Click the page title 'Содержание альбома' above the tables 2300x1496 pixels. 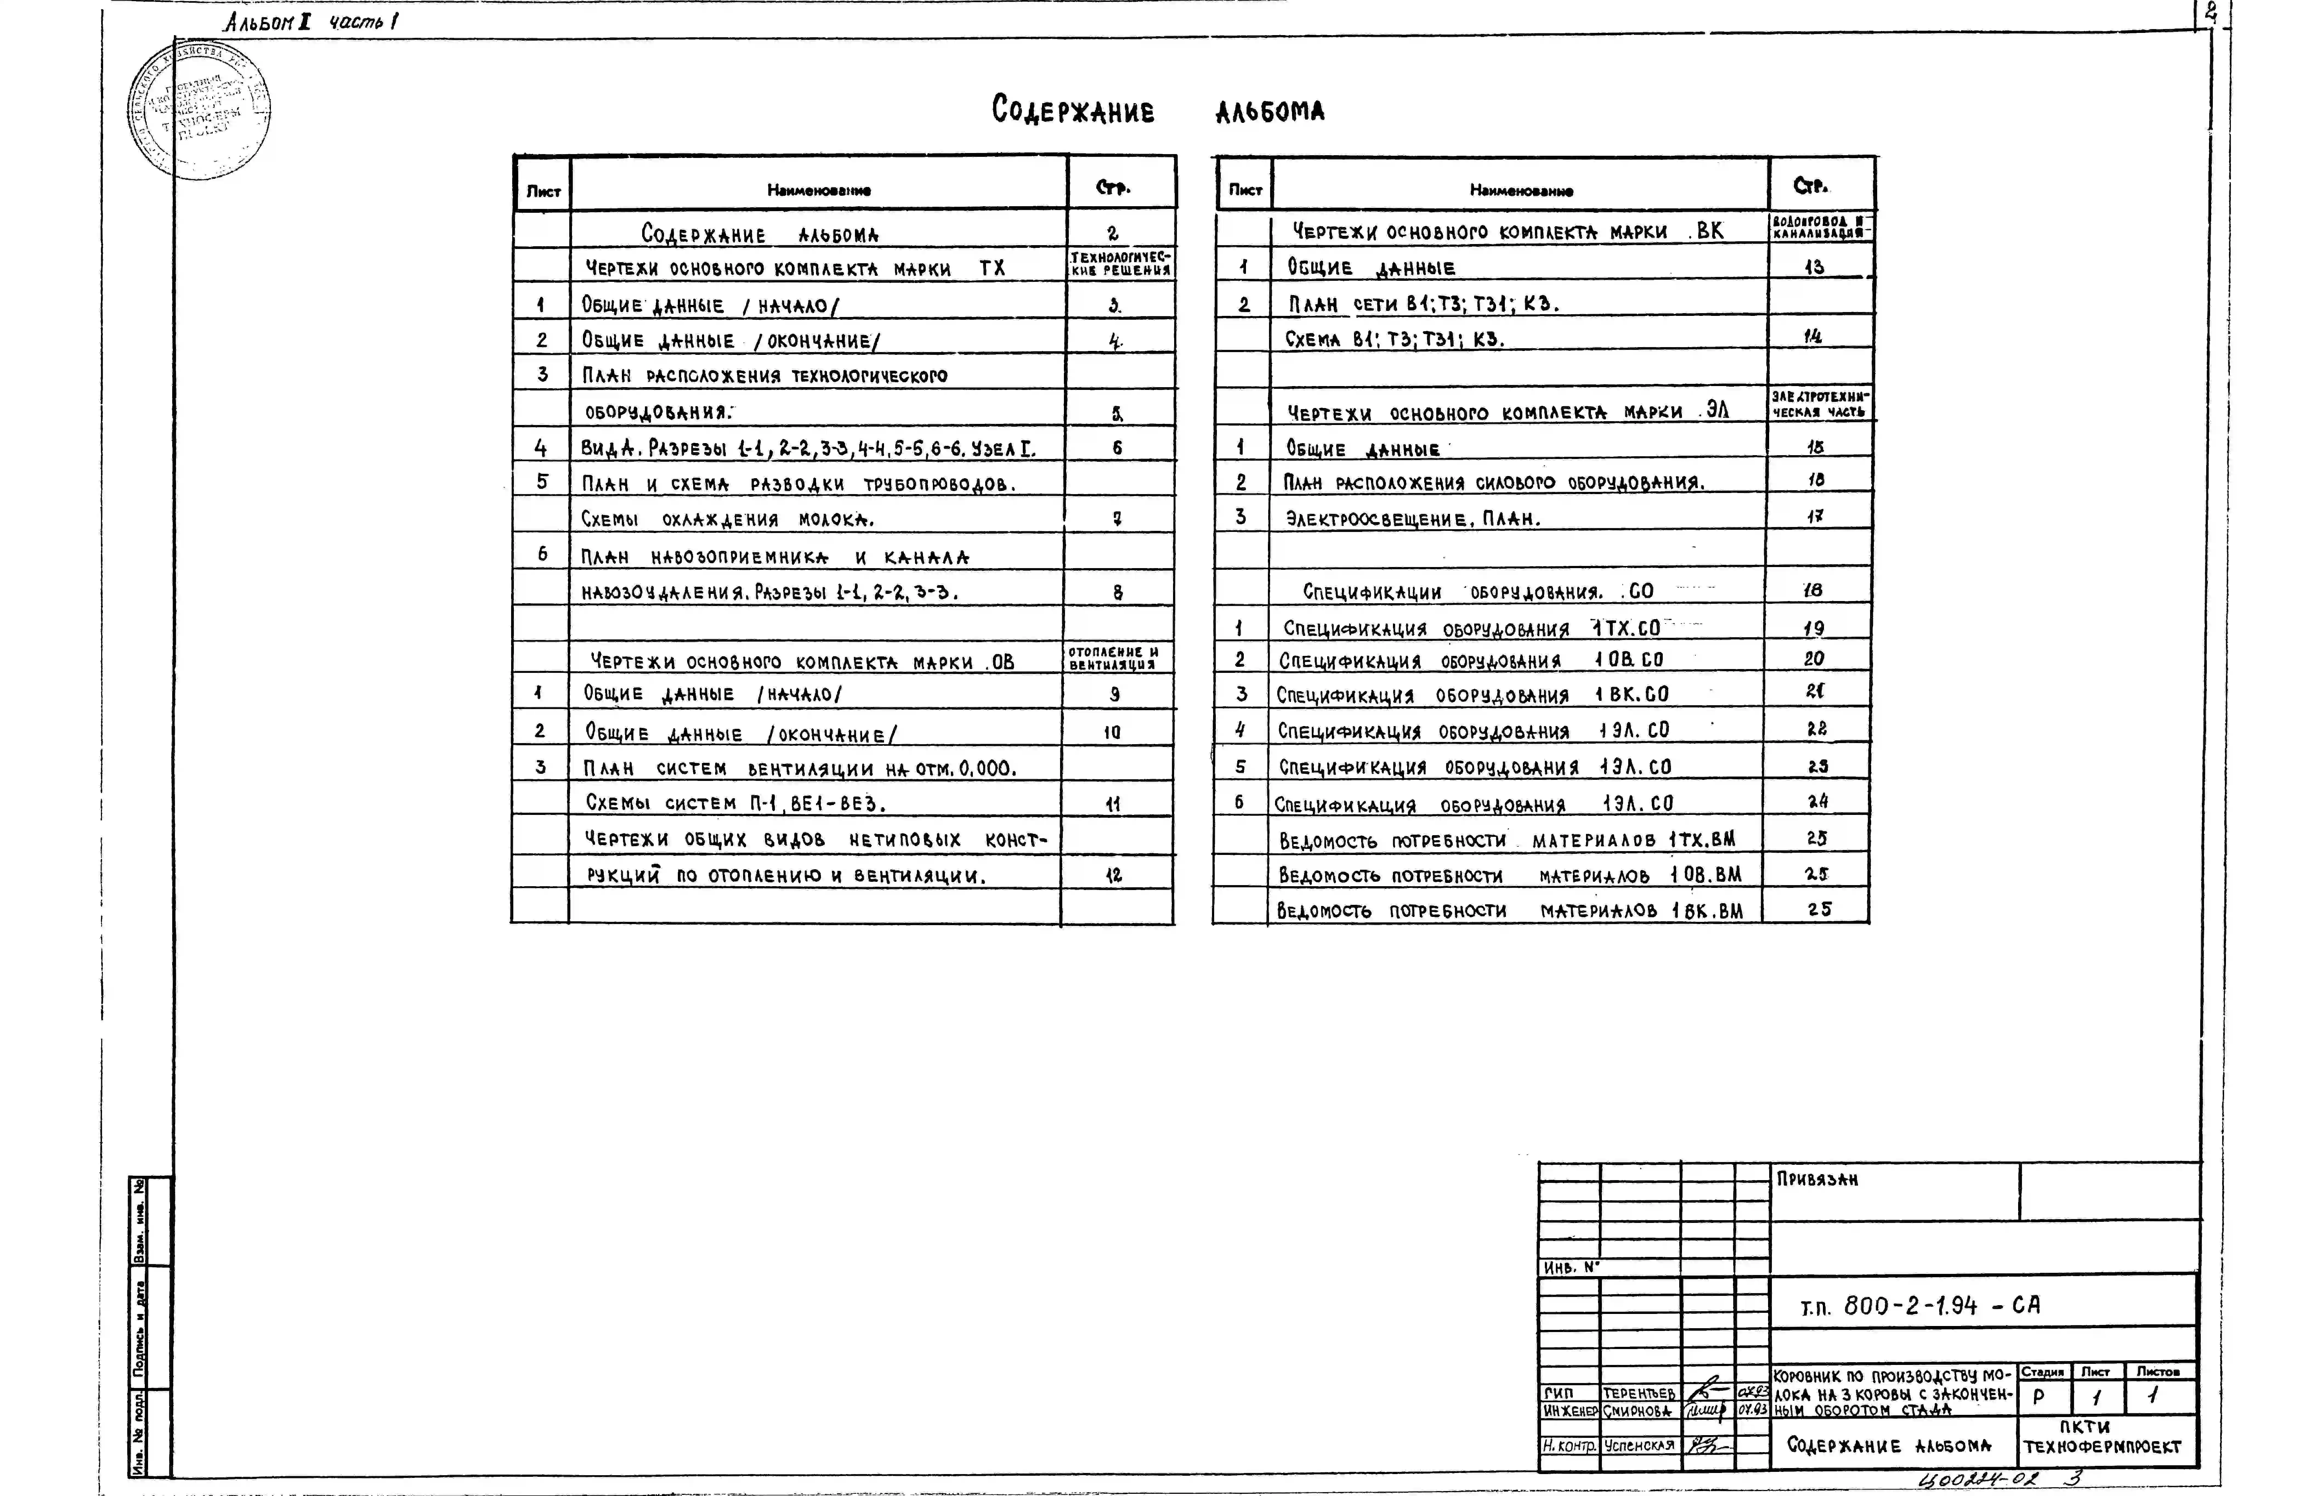pyautogui.click(x=1158, y=110)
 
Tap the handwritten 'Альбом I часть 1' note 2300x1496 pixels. pyautogui.click(x=311, y=21)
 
